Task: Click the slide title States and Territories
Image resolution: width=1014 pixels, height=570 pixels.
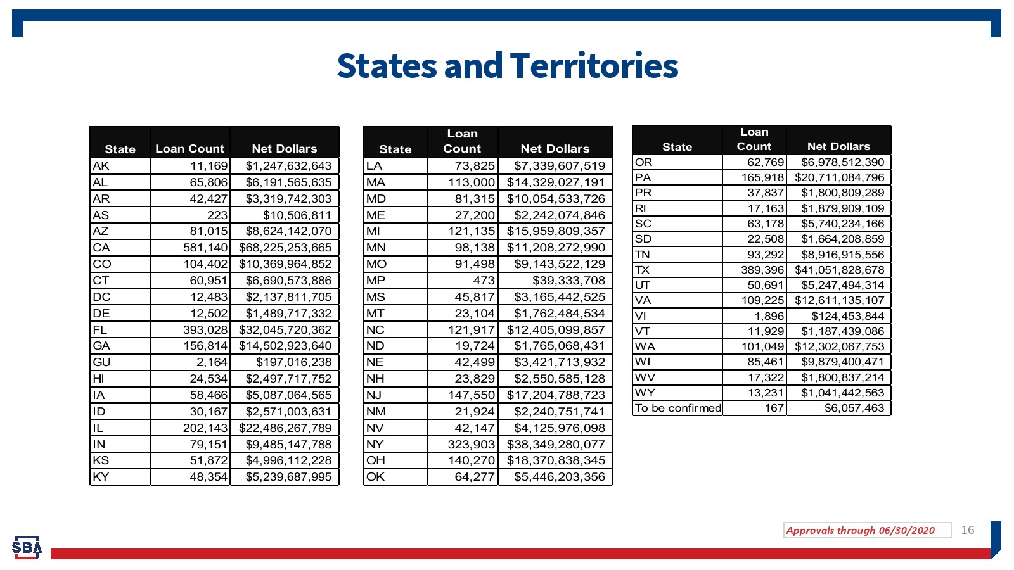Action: tap(507, 66)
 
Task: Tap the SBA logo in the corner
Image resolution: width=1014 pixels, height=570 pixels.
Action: tap(27, 547)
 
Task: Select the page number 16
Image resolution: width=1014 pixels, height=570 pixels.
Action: tap(967, 530)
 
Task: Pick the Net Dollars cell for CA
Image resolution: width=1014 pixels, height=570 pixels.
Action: tap(285, 248)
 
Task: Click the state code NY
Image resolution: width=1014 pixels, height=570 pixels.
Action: tap(375, 445)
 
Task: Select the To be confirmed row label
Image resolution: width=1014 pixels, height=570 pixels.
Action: tap(677, 408)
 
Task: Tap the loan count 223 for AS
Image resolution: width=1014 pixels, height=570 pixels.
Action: tap(217, 215)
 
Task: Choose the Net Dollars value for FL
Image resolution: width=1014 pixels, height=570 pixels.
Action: tap(285, 330)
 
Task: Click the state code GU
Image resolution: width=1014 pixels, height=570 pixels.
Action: tap(101, 362)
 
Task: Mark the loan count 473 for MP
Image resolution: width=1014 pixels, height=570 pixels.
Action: tap(484, 281)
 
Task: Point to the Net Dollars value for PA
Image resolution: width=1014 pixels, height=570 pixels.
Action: tap(839, 178)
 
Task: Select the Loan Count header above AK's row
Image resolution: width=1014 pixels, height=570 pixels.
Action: tap(189, 149)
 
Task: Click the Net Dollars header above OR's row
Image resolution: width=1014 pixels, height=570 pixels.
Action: tap(838, 146)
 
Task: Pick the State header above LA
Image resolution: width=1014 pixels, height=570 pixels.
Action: tap(395, 149)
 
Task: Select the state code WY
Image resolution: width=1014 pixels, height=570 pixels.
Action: tap(645, 393)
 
